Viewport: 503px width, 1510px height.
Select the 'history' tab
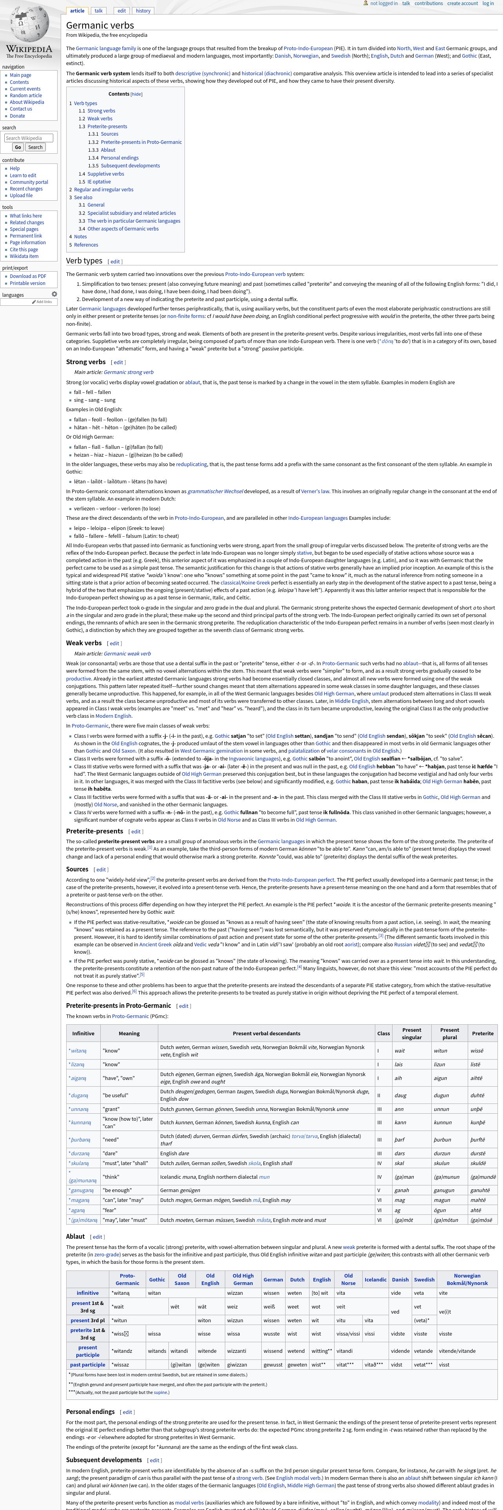(143, 11)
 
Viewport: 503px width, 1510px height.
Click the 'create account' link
(463, 4)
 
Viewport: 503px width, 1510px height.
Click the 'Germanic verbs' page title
(100, 25)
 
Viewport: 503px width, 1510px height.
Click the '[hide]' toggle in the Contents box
(136, 94)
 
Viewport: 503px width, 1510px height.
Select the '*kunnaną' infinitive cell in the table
(80, 1122)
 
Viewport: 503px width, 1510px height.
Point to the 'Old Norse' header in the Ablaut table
(348, 1279)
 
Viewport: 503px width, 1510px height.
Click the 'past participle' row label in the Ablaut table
(88, 1365)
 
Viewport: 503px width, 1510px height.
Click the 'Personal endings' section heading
(90, 1412)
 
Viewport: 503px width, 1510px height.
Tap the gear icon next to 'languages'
(54, 294)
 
